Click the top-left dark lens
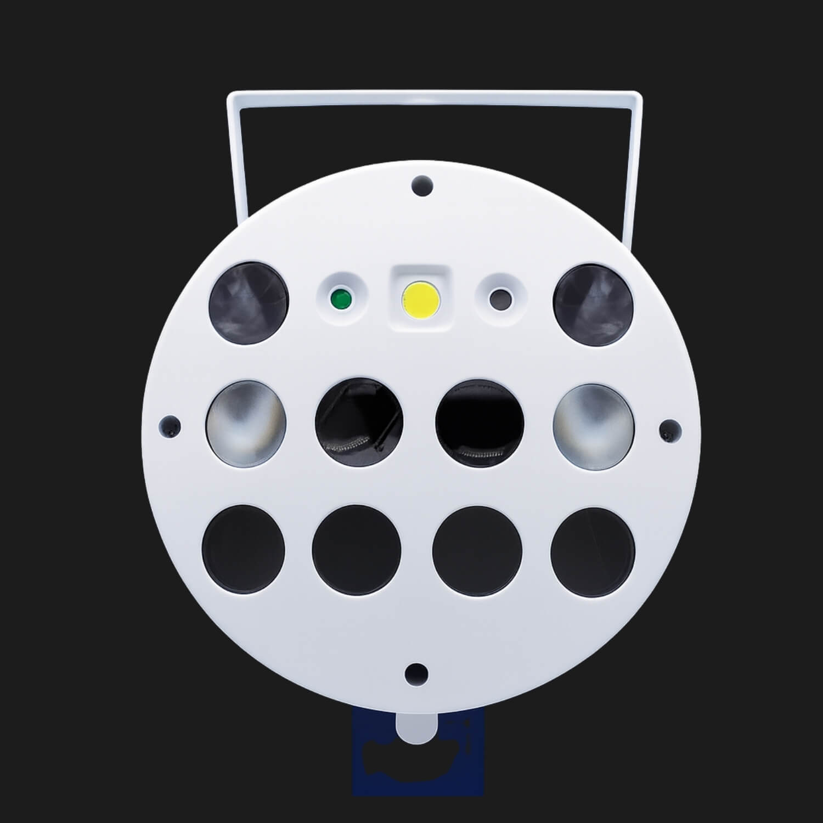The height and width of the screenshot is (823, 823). click(x=250, y=303)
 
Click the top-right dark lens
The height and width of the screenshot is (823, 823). click(x=594, y=303)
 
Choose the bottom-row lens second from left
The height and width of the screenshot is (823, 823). click(x=356, y=550)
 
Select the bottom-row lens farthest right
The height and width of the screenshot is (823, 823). click(x=593, y=550)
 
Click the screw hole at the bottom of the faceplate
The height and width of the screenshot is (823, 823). click(x=417, y=672)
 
